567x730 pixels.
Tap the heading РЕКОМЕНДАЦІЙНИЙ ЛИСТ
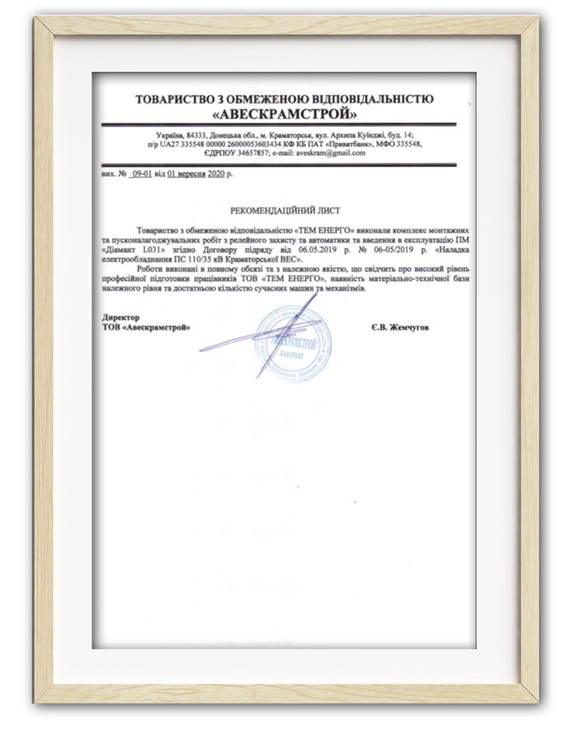click(x=285, y=210)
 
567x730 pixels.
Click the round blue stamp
click(x=294, y=342)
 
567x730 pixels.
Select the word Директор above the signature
click(x=120, y=318)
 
